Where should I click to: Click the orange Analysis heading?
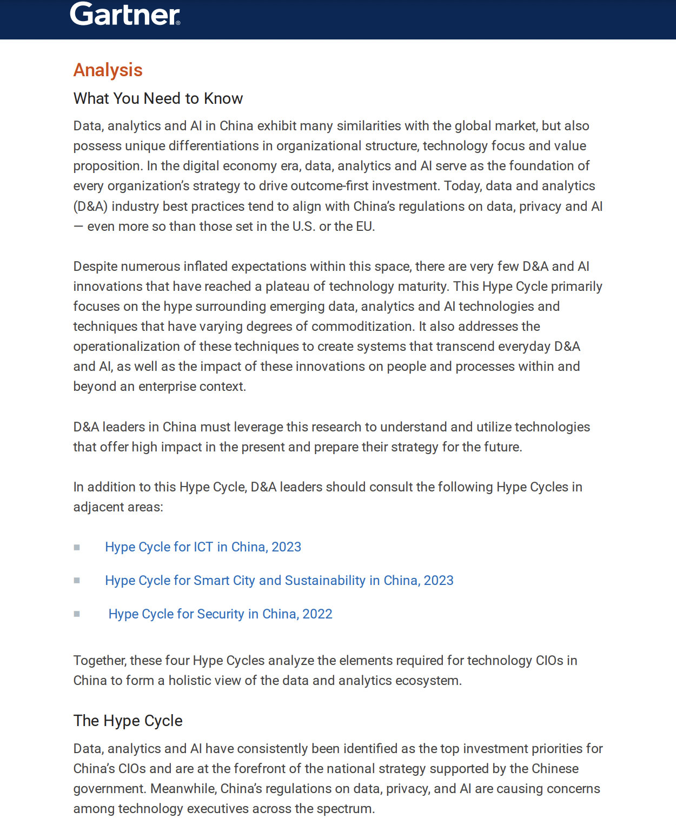(108, 70)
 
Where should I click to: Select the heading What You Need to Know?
(158, 98)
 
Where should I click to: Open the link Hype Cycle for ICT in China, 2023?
(203, 547)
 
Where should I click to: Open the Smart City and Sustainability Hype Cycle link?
(279, 581)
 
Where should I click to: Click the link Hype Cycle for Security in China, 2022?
(220, 614)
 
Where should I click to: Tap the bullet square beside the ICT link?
(77, 548)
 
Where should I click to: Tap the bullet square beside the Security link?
(77, 614)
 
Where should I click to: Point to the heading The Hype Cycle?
(128, 721)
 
